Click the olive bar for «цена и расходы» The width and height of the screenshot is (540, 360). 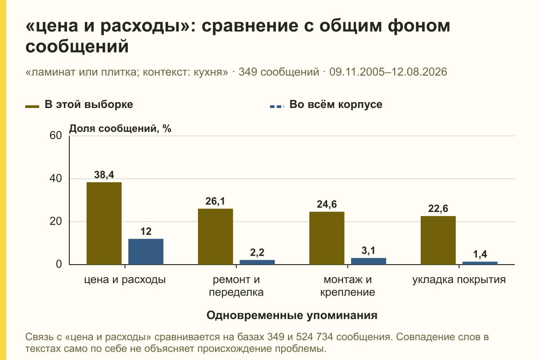click(104, 223)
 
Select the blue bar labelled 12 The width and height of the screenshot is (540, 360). click(146, 252)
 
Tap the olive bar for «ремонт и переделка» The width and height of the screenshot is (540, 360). click(215, 237)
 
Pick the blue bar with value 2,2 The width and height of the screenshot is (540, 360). click(257, 262)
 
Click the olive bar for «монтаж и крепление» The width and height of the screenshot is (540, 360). click(327, 238)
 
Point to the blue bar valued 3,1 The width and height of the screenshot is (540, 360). click(369, 261)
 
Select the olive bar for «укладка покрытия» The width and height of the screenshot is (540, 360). click(438, 240)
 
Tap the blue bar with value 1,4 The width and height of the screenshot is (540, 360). click(480, 263)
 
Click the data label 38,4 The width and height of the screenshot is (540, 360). click(104, 175)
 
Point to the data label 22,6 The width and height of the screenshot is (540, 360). click(438, 208)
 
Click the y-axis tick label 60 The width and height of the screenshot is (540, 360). click(56, 135)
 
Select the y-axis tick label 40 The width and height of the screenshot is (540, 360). click(56, 179)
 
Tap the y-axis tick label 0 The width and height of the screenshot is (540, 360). click(59, 265)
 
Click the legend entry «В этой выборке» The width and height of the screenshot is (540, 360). click(79, 105)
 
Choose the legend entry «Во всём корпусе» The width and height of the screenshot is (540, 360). click(326, 105)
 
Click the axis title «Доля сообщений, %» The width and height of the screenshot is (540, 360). click(120, 129)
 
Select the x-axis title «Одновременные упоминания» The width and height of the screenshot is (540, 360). click(292, 315)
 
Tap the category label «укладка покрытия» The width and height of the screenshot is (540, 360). click(459, 280)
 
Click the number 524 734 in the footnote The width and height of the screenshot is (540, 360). click(315, 337)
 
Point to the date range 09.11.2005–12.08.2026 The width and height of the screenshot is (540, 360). click(388, 72)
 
